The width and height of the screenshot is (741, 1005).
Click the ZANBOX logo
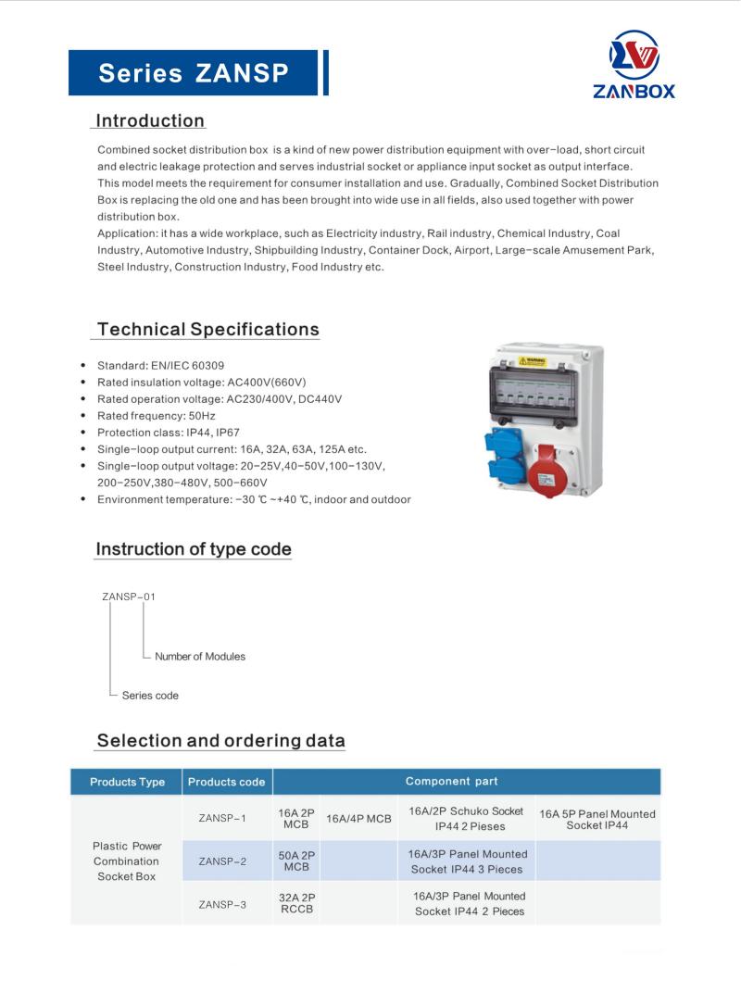click(634, 64)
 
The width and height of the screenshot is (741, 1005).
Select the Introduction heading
click(150, 121)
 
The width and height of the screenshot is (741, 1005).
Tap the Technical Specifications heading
click(207, 330)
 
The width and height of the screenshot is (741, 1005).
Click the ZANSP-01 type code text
click(129, 597)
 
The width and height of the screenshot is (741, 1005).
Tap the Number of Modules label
click(200, 657)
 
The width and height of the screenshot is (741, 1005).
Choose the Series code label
click(150, 695)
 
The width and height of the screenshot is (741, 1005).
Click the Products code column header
click(226, 782)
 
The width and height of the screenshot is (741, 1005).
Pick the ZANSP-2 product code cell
click(222, 861)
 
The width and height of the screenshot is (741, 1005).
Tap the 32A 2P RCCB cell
click(296, 904)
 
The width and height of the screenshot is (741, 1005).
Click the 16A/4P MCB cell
click(358, 819)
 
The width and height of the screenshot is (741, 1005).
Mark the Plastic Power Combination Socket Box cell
click(127, 861)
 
